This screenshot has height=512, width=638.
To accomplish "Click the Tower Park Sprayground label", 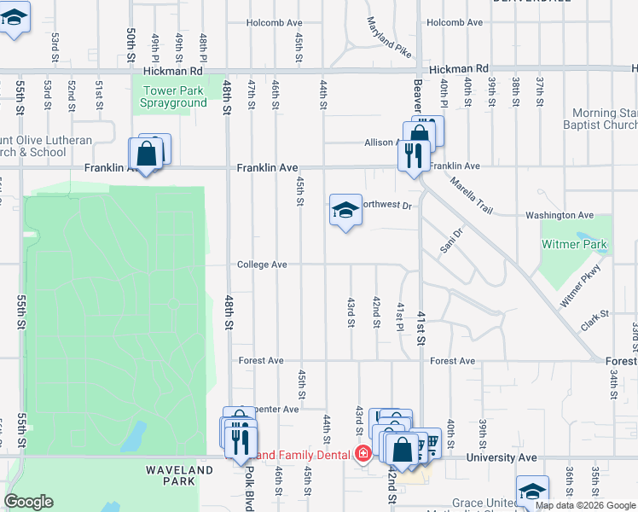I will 174,96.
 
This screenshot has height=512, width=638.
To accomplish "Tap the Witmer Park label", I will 574,245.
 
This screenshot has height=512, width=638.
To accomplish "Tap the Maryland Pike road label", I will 388,38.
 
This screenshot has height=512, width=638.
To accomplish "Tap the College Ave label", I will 262,265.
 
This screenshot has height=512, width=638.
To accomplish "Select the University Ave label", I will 502,458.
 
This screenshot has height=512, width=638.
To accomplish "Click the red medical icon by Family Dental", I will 363,454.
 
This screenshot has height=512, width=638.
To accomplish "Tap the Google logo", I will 29,502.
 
